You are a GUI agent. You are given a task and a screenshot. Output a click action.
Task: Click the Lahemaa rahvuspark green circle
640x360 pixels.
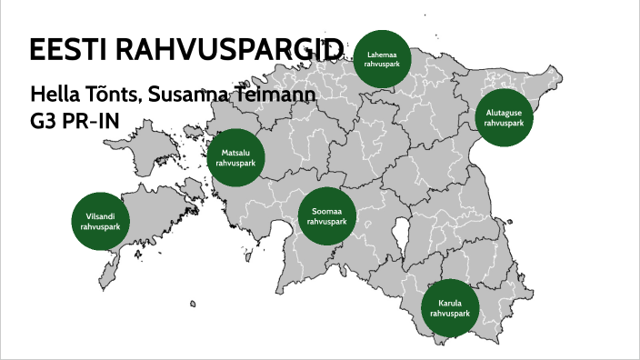click(382, 59)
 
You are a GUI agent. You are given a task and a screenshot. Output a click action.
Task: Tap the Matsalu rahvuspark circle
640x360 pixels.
click(236, 160)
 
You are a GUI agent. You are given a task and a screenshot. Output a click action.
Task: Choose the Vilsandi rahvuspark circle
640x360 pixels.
click(100, 220)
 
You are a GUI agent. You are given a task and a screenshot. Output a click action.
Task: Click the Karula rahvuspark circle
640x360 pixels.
click(450, 307)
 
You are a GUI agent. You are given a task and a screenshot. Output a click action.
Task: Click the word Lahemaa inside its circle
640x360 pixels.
click(382, 55)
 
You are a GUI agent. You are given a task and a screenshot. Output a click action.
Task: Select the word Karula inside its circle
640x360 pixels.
click(450, 302)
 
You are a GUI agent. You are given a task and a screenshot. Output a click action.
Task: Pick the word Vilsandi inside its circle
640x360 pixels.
click(100, 215)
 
